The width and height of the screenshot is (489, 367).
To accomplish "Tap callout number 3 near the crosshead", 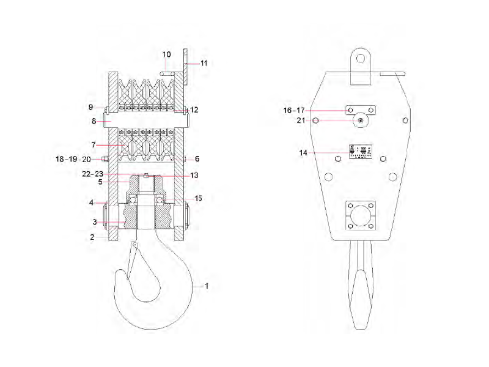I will point(95,221).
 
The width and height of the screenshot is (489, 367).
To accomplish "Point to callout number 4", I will point(92,202).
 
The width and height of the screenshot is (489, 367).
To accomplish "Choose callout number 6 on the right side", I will point(197,158).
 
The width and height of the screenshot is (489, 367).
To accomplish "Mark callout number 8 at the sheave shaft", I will point(94,121).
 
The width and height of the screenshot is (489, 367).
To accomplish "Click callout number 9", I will point(90,107).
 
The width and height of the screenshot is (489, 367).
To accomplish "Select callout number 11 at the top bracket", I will point(204,62).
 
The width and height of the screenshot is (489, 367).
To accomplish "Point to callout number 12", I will point(194,109).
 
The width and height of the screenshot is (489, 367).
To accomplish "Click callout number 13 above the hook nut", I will point(194,176).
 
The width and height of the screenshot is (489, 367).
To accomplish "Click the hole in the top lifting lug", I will point(361,59).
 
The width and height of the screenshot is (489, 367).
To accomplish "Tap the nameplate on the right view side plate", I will point(360,152).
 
